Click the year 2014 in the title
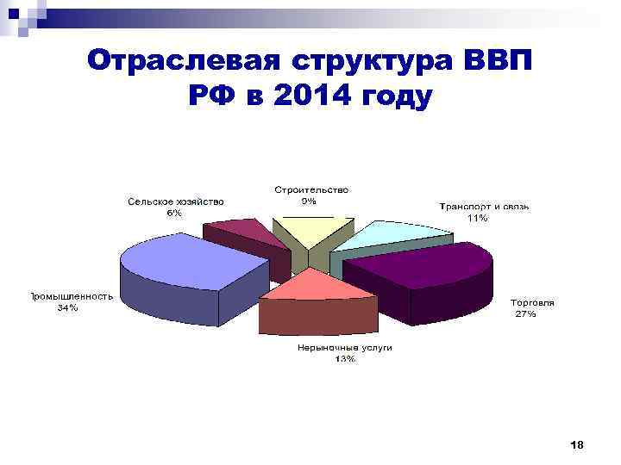(x=312, y=97)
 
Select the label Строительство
(x=312, y=189)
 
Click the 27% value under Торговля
(x=525, y=314)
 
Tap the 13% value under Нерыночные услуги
(x=345, y=360)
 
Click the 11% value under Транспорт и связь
(x=477, y=219)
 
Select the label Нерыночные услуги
(x=345, y=348)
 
